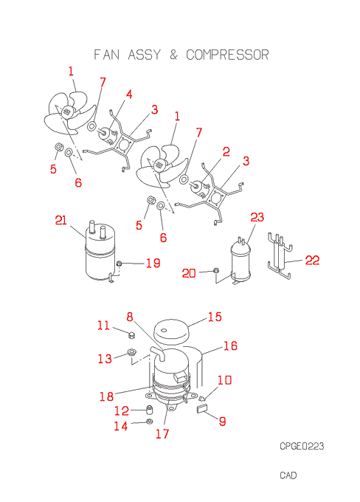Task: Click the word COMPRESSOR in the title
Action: click(227, 55)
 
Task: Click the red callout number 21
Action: click(60, 220)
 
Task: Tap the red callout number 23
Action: click(257, 217)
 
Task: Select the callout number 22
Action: click(312, 260)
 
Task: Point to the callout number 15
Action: click(215, 317)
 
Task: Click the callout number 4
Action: click(129, 94)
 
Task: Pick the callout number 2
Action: click(226, 152)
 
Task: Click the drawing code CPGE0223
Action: click(302, 446)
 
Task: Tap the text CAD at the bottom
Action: click(288, 475)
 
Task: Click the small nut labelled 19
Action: click(120, 264)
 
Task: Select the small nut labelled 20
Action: click(216, 270)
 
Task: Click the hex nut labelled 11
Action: click(131, 335)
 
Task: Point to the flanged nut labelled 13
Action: click(131, 352)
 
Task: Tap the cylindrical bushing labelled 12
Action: click(149, 410)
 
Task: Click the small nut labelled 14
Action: click(148, 422)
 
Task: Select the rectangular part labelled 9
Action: click(202, 409)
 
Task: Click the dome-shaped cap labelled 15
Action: click(170, 331)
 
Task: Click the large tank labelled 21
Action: click(100, 252)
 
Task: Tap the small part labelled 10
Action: click(201, 398)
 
